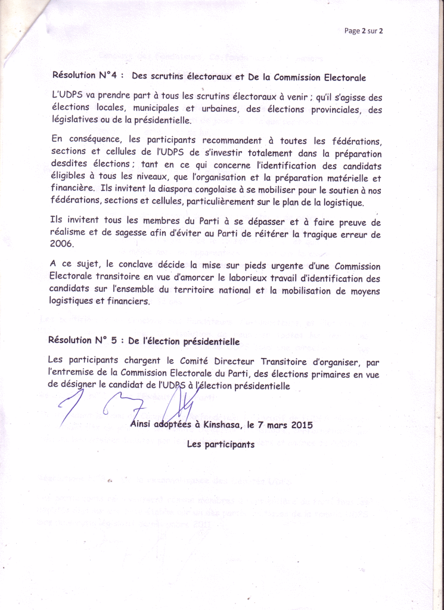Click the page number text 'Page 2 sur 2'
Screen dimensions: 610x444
363,32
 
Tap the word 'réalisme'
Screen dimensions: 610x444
69,234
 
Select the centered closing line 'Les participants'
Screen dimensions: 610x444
221,444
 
